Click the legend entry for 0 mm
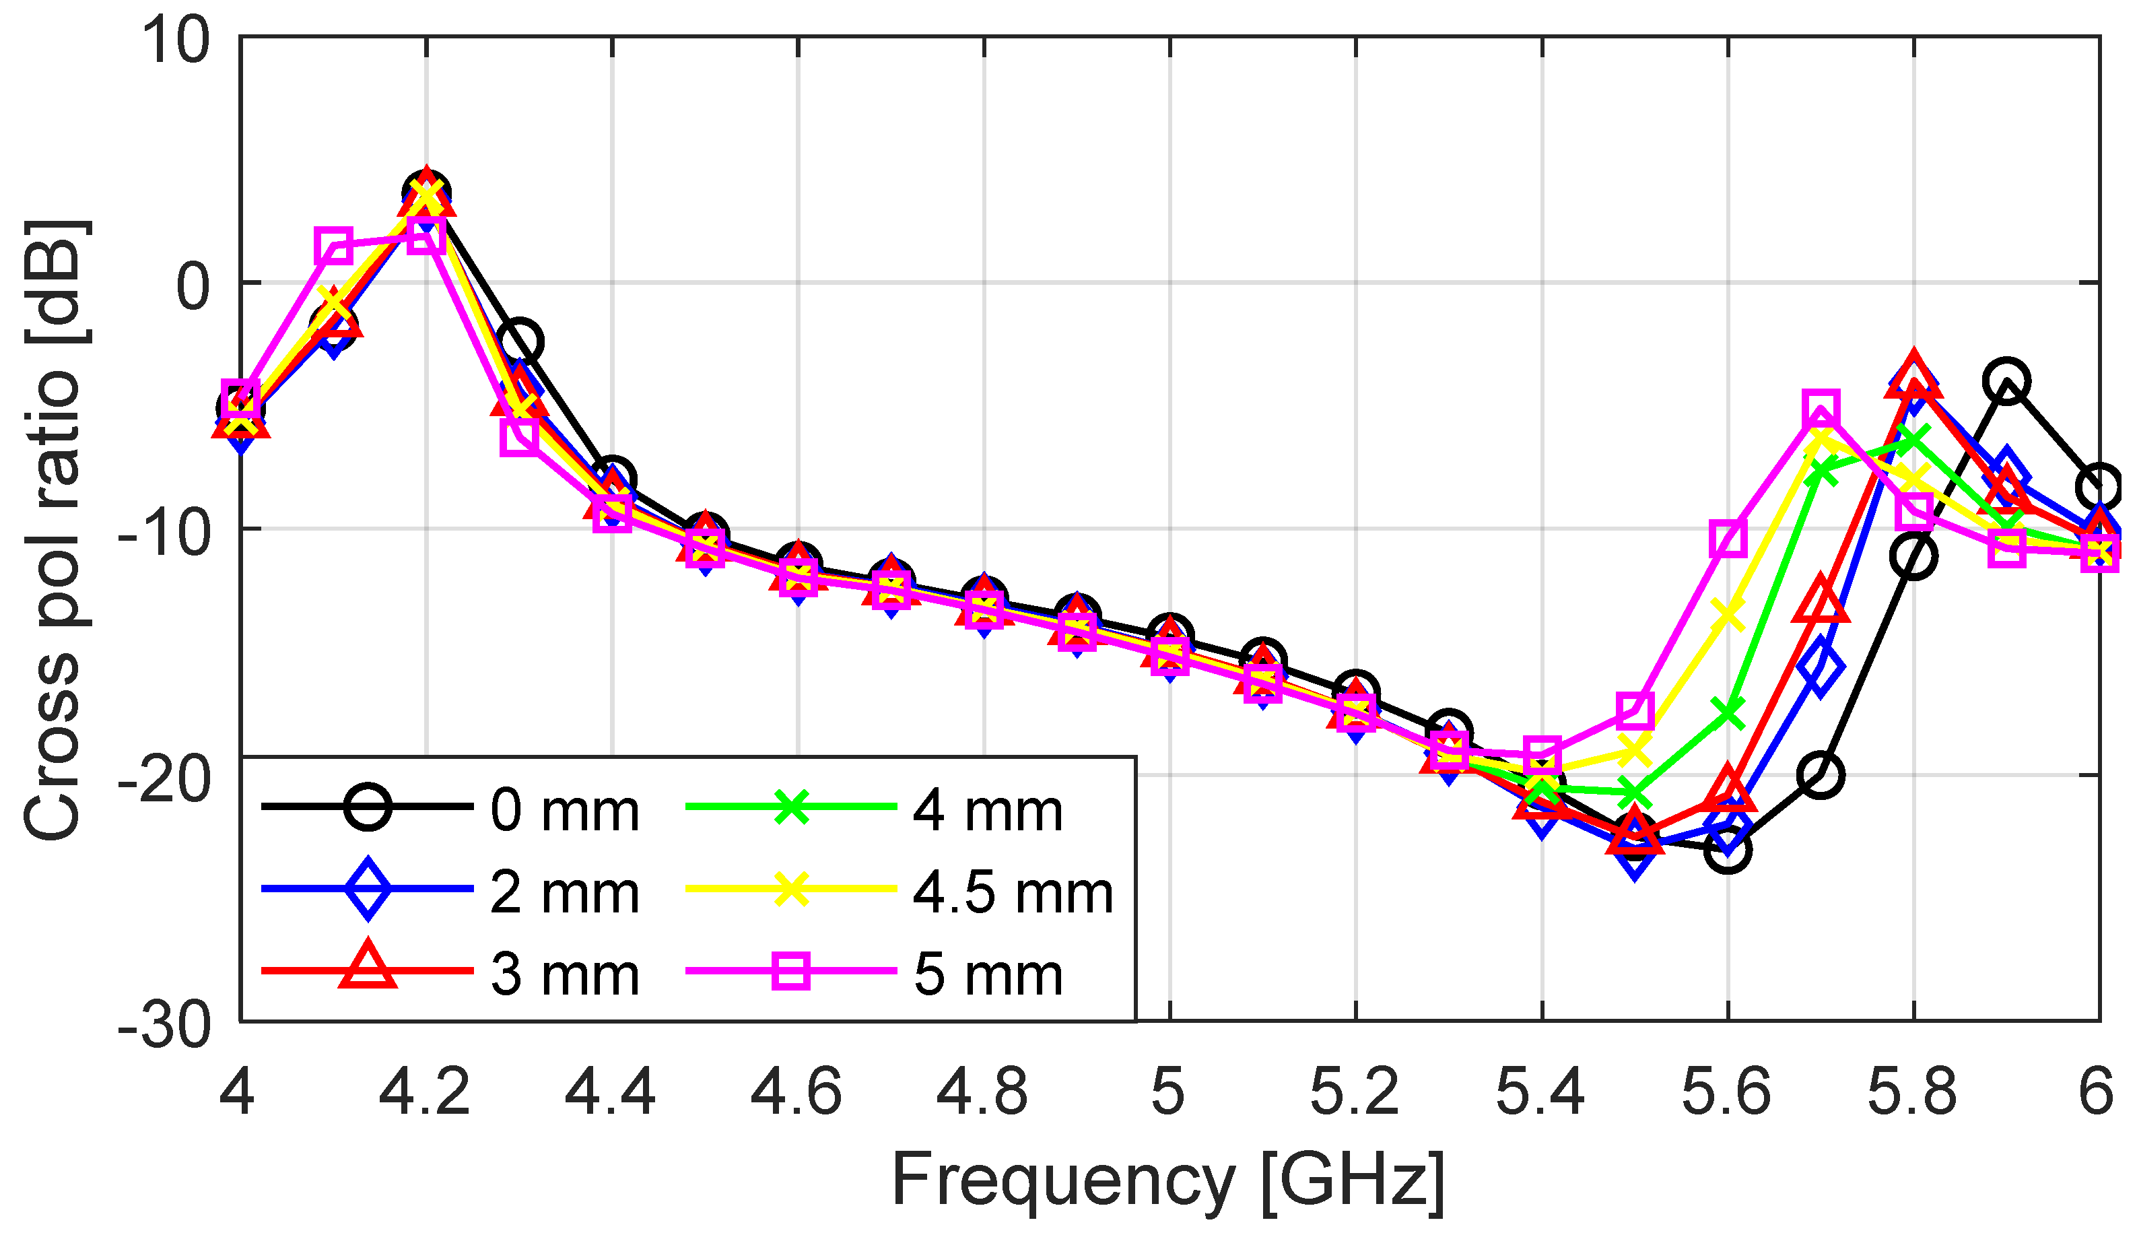tap(565, 811)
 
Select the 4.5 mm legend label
tap(1013, 894)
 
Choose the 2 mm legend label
tap(565, 894)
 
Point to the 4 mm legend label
tap(988, 811)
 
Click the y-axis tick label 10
tap(176, 40)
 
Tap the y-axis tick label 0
tap(193, 286)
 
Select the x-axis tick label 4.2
tap(425, 1093)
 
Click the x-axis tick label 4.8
tap(983, 1093)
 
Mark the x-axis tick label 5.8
tap(1912, 1093)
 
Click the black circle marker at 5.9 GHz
tap(2006, 380)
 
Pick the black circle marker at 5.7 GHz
tap(1821, 774)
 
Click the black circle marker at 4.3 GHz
tap(520, 341)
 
